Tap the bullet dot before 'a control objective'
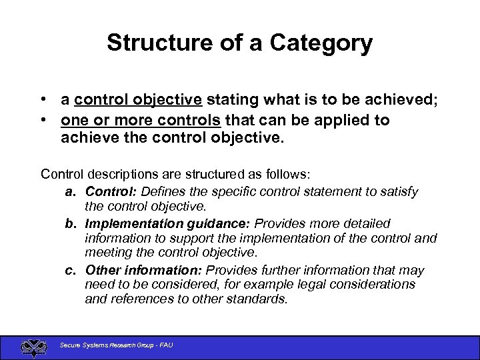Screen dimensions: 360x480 click(x=43, y=100)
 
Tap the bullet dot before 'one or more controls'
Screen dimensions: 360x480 click(x=43, y=121)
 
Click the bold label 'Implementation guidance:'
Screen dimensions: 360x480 click(x=168, y=223)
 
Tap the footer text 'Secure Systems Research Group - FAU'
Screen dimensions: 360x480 click(x=116, y=345)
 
